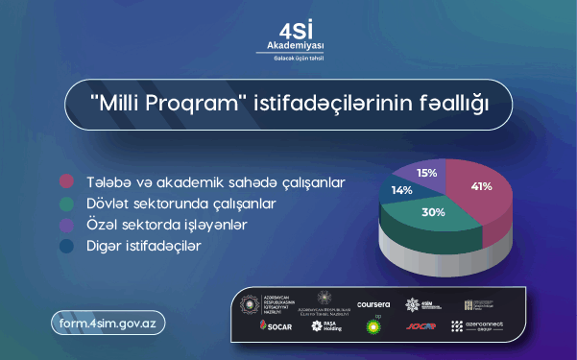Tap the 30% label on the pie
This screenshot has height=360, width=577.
pos(433,212)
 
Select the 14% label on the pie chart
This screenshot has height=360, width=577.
pos(400,191)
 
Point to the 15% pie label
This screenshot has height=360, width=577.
pos(427,173)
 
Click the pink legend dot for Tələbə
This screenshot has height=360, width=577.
pos(66,181)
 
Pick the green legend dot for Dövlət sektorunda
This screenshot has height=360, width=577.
pos(66,204)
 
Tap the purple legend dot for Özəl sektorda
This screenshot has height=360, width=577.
pos(66,226)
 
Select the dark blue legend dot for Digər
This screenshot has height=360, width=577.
pos(66,248)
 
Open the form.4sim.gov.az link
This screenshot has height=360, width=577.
pos(109,324)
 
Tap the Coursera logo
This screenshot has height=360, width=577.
pos(373,304)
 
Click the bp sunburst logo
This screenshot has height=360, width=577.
pos(373,325)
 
